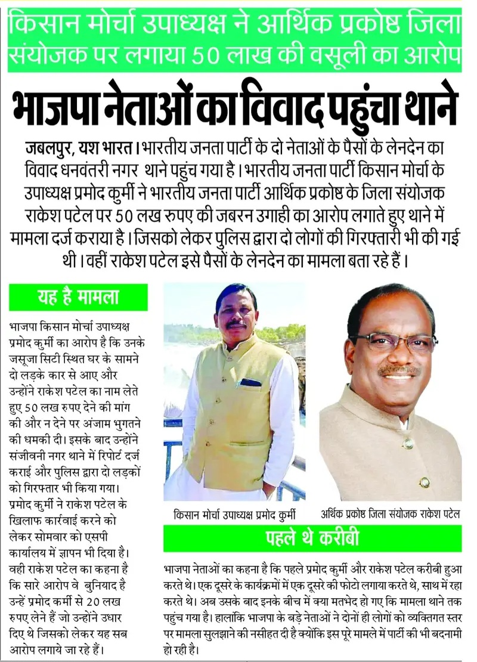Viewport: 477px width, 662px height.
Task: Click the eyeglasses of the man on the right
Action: pyautogui.click(x=393, y=341)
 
